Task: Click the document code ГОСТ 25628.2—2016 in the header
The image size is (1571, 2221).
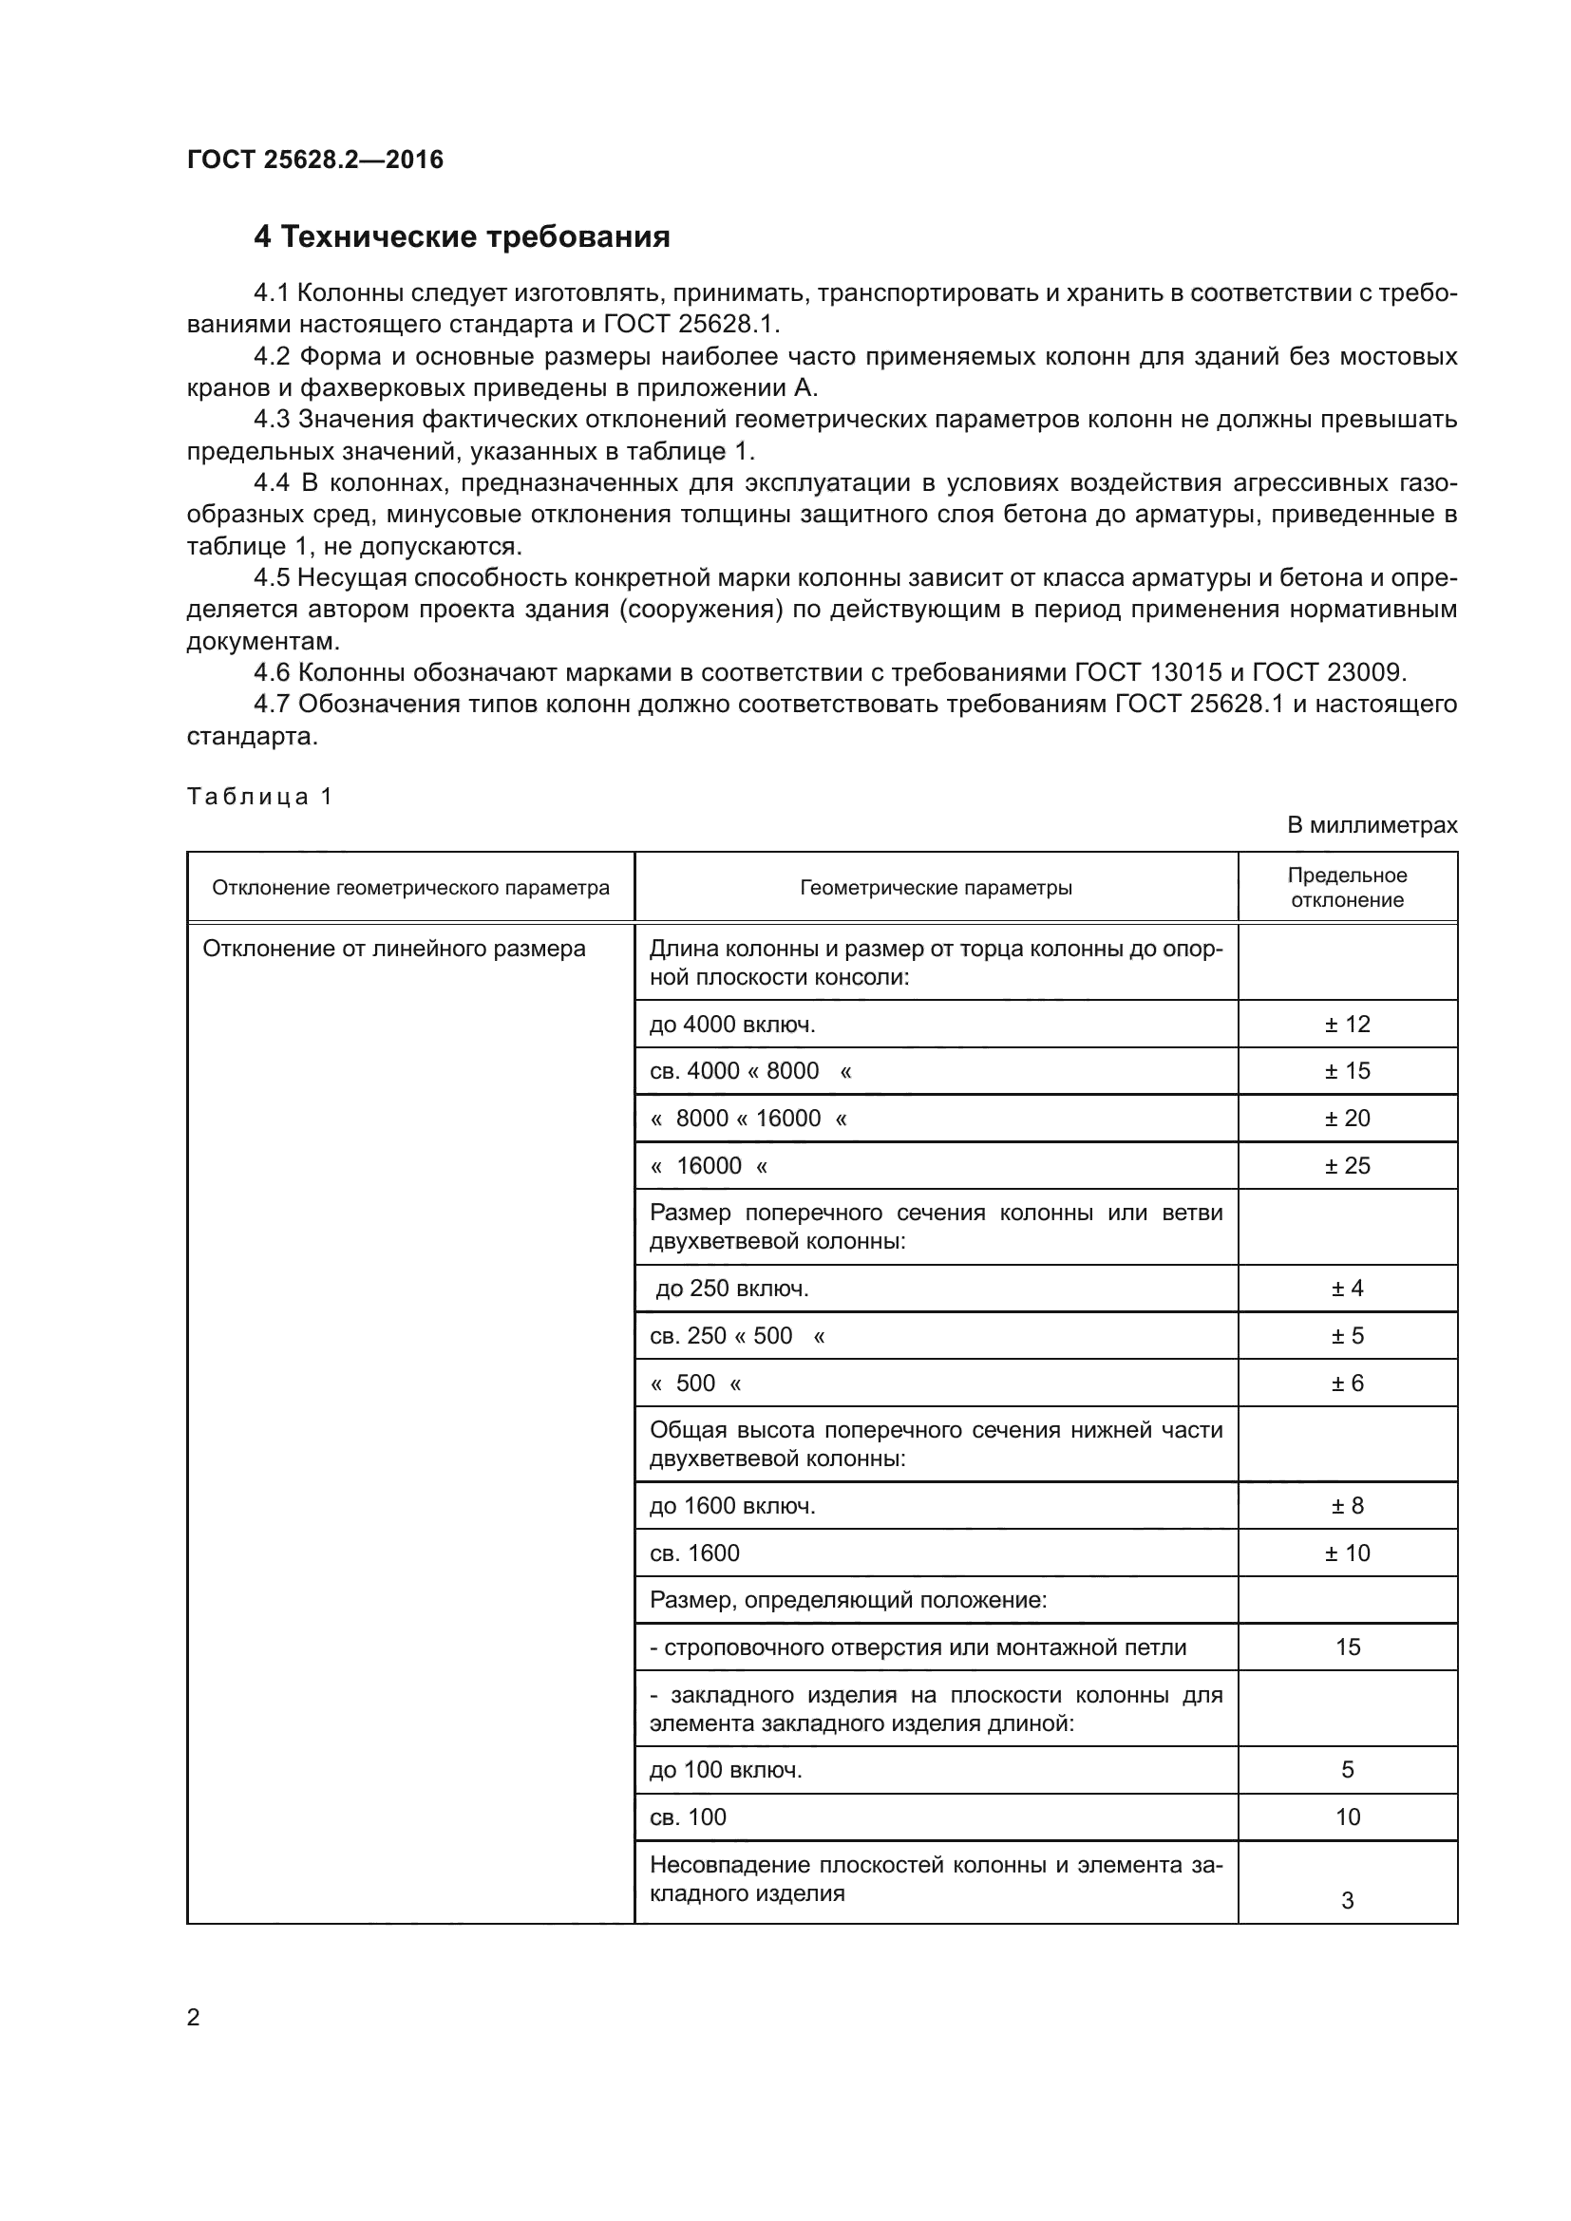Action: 314,160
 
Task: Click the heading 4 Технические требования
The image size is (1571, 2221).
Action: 462,237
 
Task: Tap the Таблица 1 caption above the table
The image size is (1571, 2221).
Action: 259,796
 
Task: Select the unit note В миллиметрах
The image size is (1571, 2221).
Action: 1371,825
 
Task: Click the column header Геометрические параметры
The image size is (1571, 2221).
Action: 935,887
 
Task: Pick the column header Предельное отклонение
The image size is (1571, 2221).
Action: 1347,887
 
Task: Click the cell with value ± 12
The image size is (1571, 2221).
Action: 1347,1024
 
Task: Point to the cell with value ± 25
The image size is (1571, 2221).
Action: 1347,1166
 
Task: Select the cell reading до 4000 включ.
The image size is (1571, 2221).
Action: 732,1024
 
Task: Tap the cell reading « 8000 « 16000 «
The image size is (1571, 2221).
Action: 748,1119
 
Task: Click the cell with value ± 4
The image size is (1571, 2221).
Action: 1347,1289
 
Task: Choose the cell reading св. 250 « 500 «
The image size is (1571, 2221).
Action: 737,1336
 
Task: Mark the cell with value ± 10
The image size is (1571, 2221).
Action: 1347,1553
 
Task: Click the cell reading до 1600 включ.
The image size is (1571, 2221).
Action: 732,1506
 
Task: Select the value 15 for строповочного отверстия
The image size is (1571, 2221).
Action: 1347,1647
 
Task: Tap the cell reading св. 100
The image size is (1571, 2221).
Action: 688,1817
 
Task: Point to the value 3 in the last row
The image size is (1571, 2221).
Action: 1347,1901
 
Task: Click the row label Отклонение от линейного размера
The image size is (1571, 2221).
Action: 394,949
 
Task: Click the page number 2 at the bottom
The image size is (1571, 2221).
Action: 194,2017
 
